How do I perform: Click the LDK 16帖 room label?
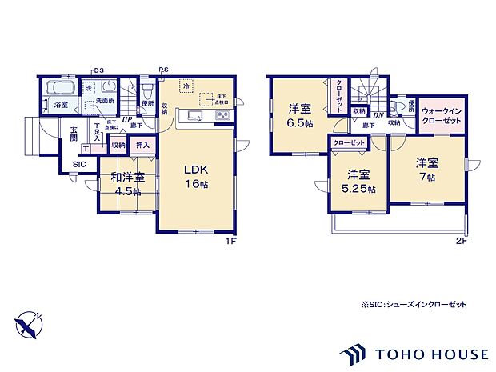coord(196,176)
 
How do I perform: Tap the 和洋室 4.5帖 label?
coord(127,184)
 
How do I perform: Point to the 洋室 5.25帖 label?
coord(358,182)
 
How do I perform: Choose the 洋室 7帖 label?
coord(426,169)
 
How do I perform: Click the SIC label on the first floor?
coord(78,164)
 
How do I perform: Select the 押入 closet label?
coord(142,146)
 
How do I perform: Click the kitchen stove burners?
coord(222,118)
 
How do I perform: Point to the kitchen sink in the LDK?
coord(196,118)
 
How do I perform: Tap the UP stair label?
coord(126,120)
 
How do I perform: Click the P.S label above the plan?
coord(163,70)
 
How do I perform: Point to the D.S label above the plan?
coord(98,70)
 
